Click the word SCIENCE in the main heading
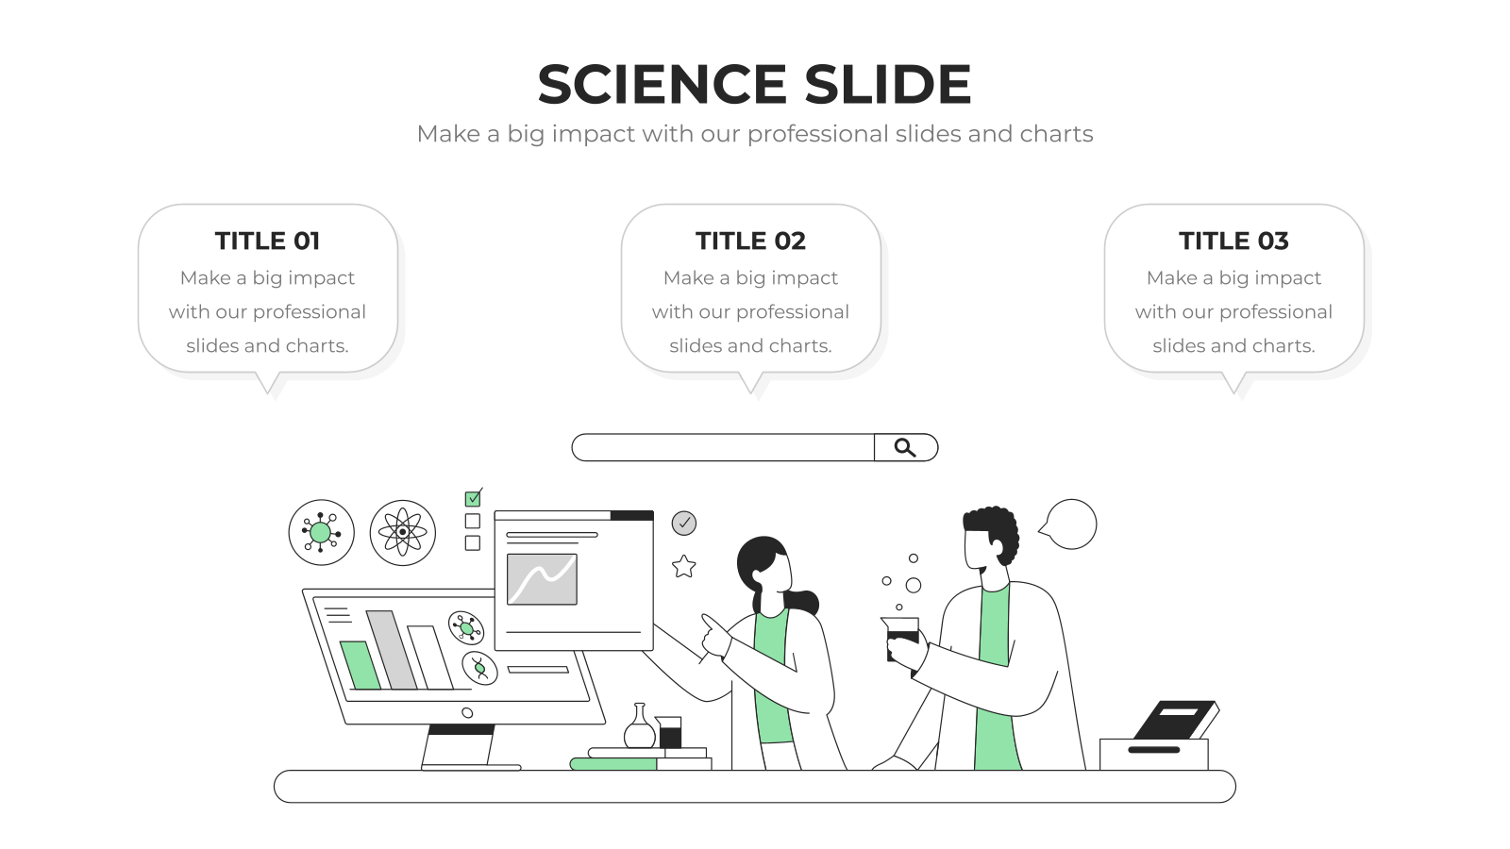click(662, 84)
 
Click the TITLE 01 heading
click(268, 241)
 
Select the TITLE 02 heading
click(750, 241)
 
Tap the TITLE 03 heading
click(1233, 241)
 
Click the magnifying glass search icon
click(905, 447)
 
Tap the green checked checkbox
click(473, 499)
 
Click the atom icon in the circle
click(402, 532)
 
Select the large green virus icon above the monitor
click(321, 532)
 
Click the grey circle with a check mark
click(684, 523)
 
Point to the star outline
click(683, 567)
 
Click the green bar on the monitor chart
click(360, 665)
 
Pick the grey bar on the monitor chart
click(392, 650)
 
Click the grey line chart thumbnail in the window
click(542, 579)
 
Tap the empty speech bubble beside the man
click(1069, 524)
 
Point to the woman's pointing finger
click(709, 623)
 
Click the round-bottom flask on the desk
click(639, 726)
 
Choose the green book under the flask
click(613, 764)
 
